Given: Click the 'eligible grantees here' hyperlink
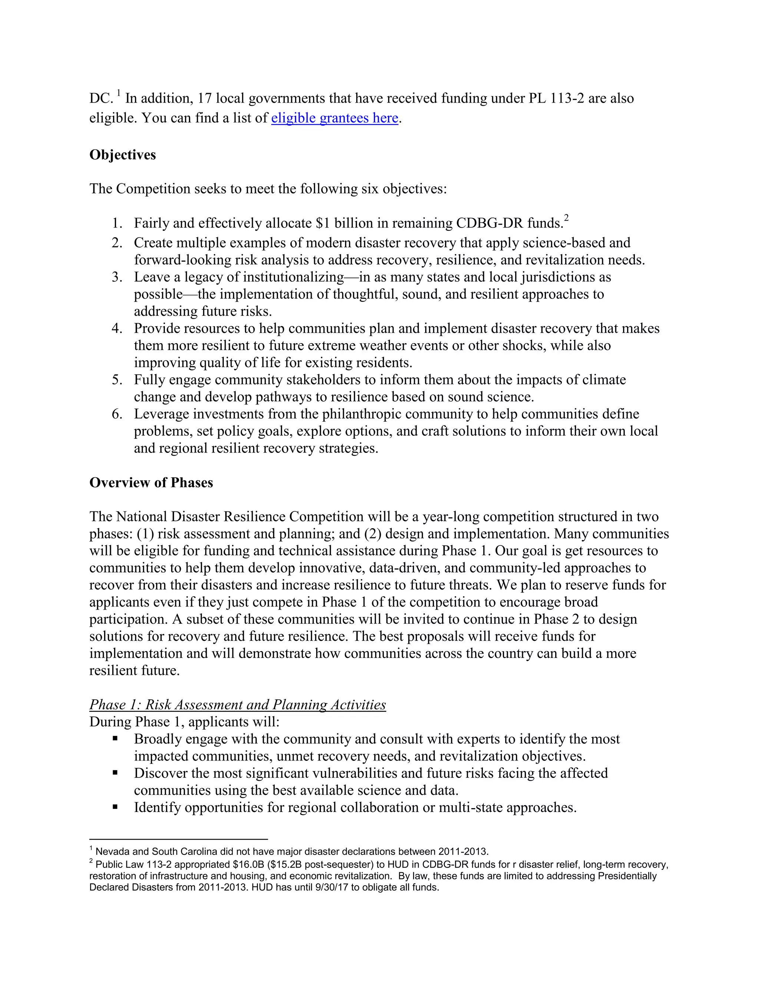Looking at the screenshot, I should click(x=335, y=118).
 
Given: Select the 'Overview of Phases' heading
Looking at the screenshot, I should click(x=151, y=482).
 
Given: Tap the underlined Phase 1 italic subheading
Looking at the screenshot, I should click(x=238, y=704).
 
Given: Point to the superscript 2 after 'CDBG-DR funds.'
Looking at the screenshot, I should click(x=567, y=218).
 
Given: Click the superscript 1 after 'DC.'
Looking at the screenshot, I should click(x=119, y=93).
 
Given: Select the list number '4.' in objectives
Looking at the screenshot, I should click(x=117, y=328).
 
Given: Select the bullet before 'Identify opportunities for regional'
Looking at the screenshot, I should click(x=115, y=807).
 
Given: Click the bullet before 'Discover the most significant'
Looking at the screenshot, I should click(x=115, y=773).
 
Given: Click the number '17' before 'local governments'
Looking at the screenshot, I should click(x=205, y=98).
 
